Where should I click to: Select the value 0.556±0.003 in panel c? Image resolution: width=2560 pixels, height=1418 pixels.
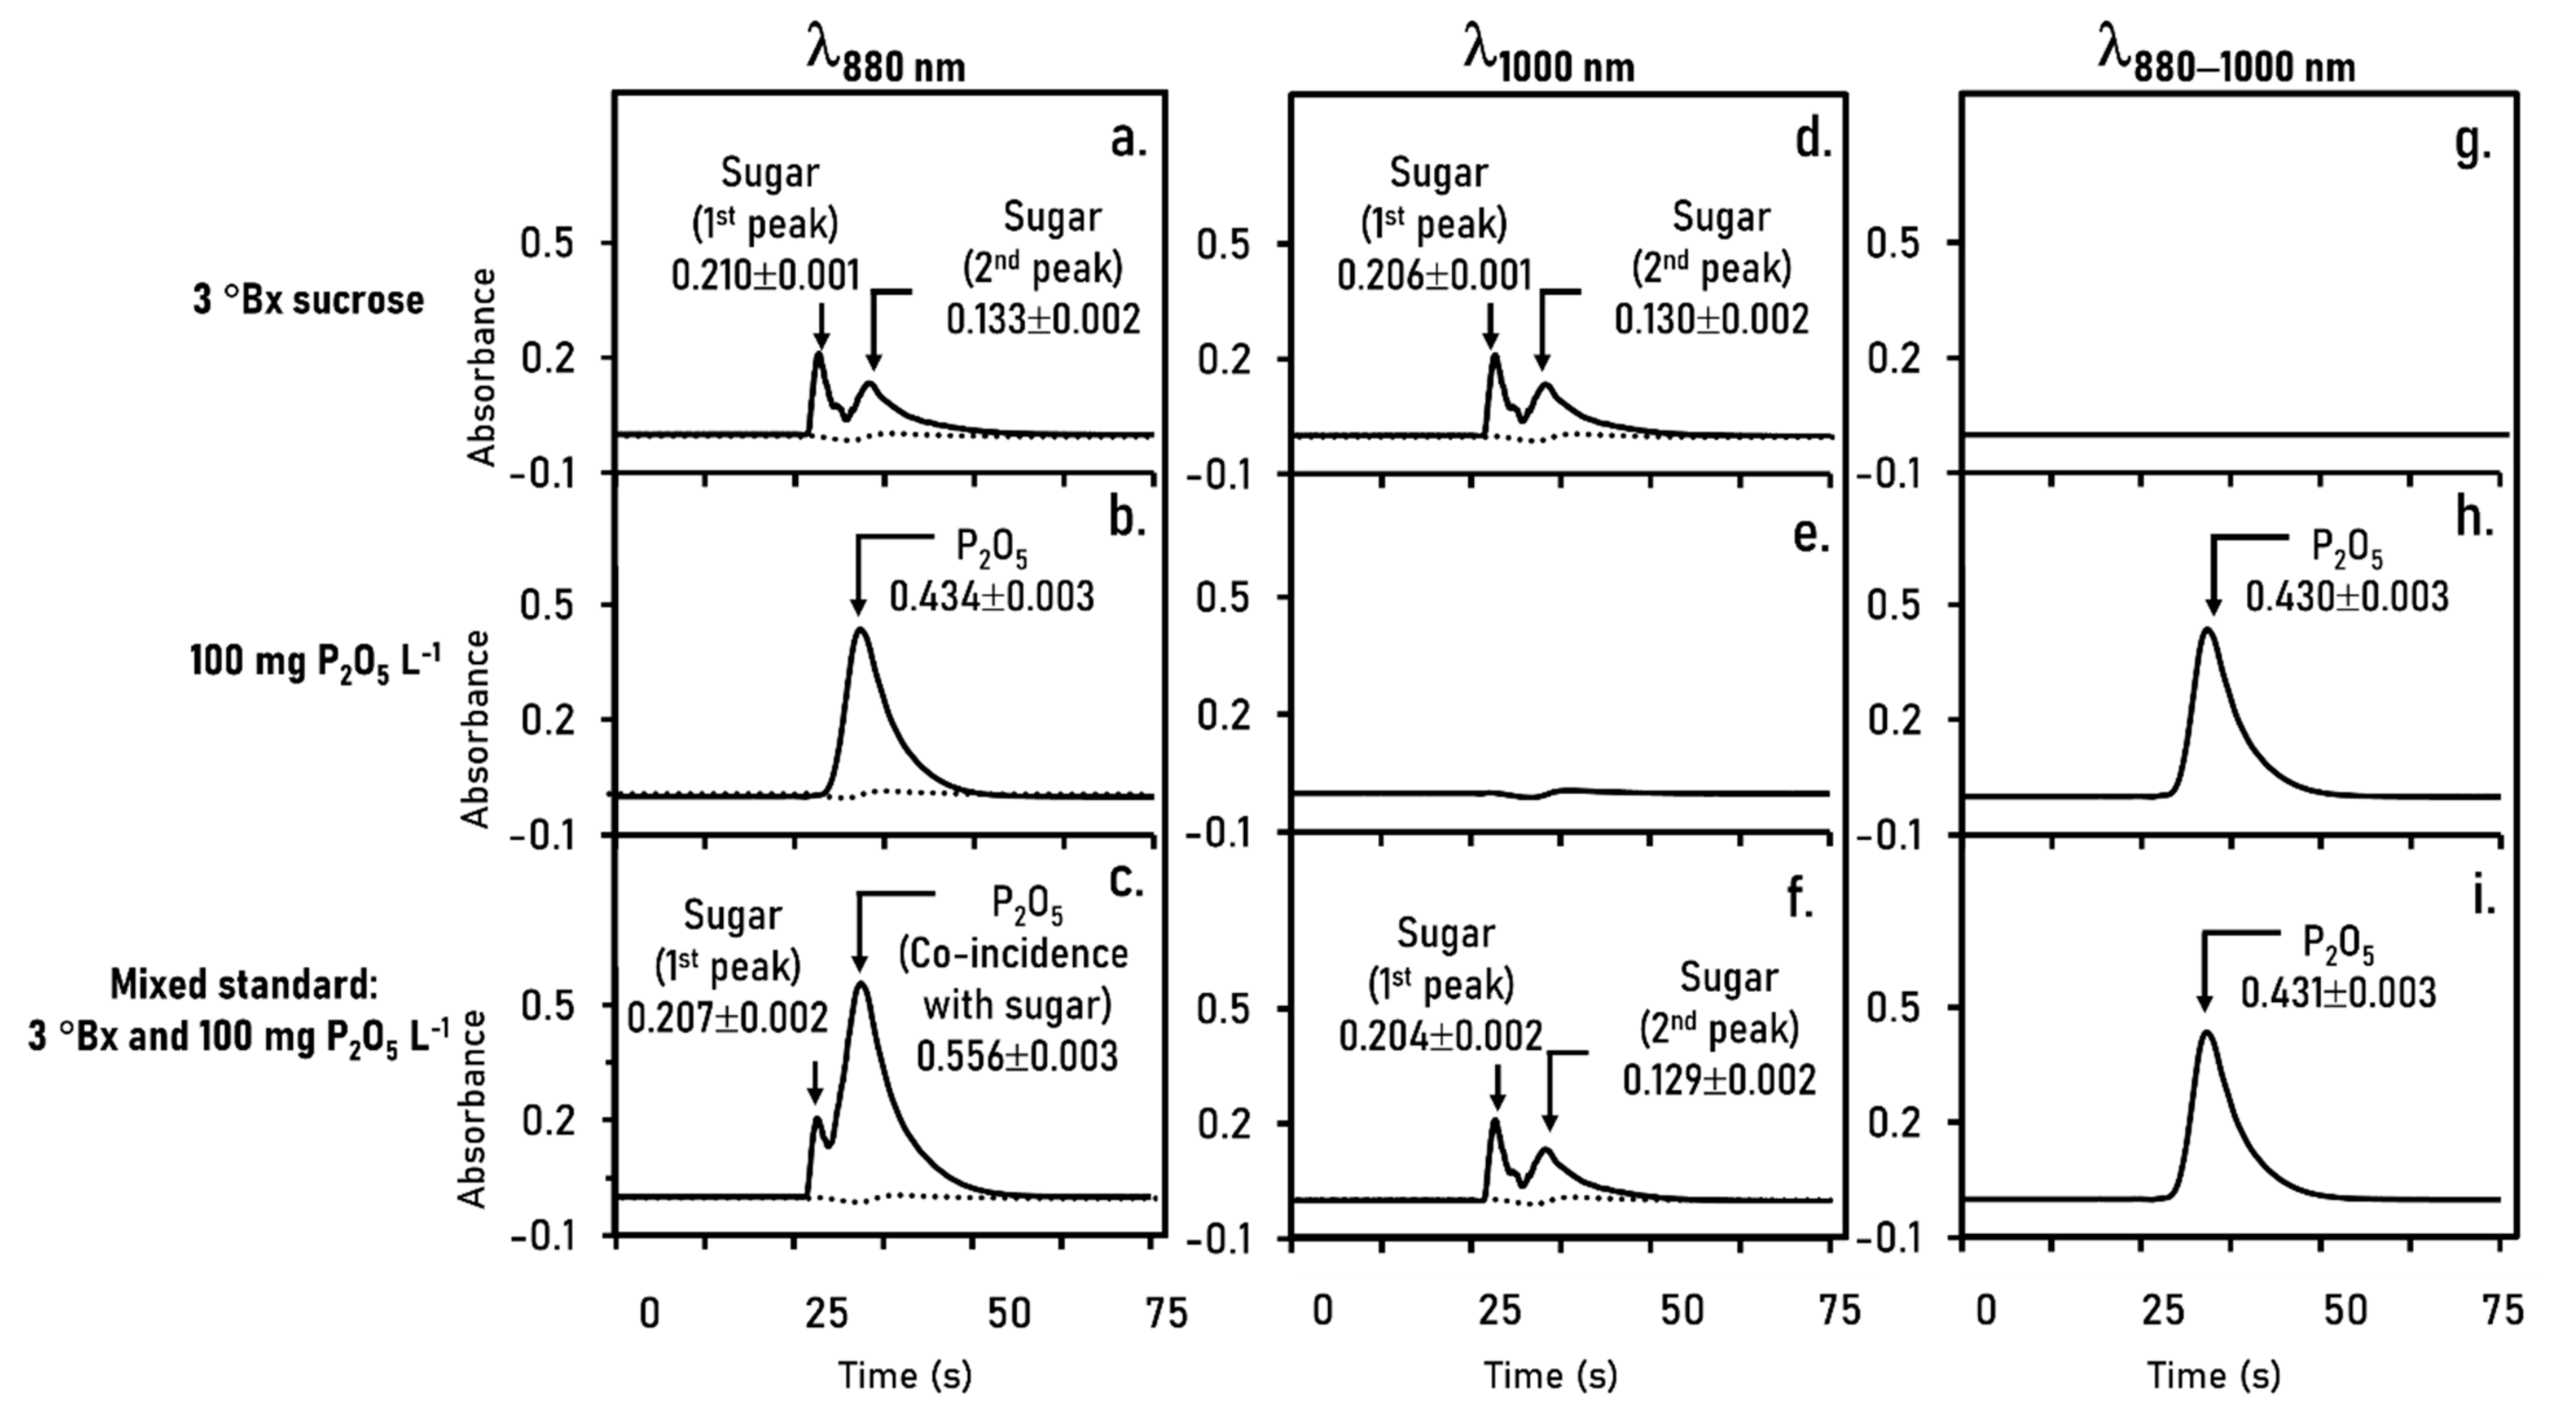1017,1055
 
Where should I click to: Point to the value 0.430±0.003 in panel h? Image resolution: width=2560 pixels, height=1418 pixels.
2347,596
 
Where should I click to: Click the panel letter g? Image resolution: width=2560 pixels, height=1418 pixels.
2472,143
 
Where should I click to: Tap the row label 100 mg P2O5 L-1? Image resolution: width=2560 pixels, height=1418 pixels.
315,662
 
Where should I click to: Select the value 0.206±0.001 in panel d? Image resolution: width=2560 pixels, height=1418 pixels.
1433,275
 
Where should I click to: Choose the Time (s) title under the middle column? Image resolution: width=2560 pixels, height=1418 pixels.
1550,1376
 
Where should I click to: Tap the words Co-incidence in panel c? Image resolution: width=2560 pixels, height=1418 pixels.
1014,954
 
